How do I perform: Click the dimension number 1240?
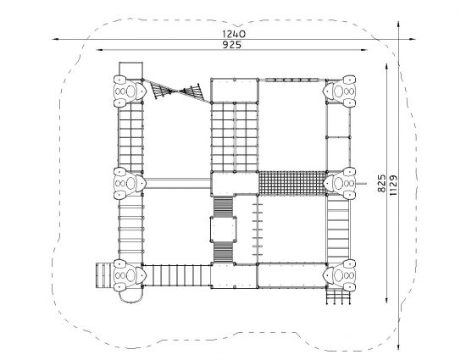click(x=234, y=34)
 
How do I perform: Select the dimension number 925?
click(x=232, y=45)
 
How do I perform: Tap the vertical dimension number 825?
click(x=381, y=183)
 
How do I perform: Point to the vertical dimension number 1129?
click(x=393, y=186)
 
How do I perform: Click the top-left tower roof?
click(x=130, y=91)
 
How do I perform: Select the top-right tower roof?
click(x=339, y=91)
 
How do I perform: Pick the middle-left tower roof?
click(x=130, y=183)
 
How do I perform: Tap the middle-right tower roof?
click(x=339, y=183)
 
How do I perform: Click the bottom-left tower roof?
click(x=130, y=275)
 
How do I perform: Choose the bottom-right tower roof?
click(x=339, y=275)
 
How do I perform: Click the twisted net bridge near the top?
click(x=177, y=91)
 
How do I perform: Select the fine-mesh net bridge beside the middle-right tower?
click(x=292, y=183)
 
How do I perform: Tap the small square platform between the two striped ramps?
click(x=223, y=230)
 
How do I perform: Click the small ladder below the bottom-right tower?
click(x=338, y=296)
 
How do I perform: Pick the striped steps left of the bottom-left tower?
click(x=103, y=275)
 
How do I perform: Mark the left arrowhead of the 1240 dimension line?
click(x=55, y=39)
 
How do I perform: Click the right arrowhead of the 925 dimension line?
click(x=364, y=50)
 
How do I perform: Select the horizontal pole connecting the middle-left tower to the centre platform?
click(x=177, y=183)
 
